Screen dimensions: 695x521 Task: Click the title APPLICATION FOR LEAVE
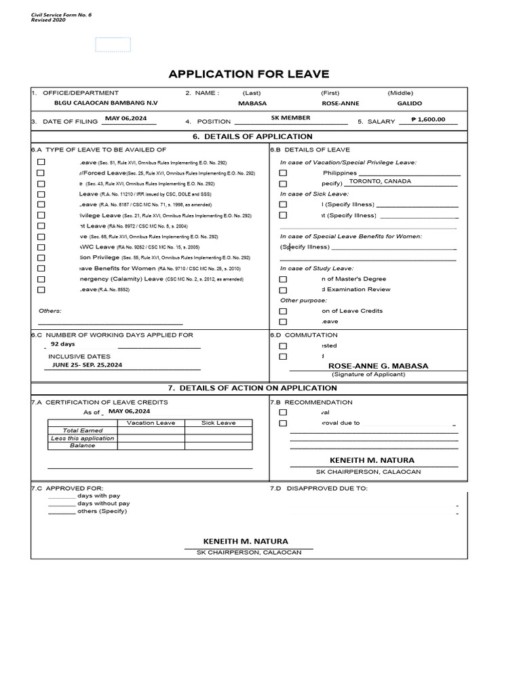248,74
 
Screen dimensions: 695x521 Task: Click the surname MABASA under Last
252,104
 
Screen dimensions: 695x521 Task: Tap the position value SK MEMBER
290,118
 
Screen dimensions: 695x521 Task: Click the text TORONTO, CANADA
380,181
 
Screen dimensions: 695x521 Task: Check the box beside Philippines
283,173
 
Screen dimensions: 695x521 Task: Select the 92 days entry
63,344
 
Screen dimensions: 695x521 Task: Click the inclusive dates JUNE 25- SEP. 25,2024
88,365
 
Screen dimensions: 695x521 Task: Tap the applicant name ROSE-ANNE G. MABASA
378,366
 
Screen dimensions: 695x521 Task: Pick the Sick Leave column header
218,423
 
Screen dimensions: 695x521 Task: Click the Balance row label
83,446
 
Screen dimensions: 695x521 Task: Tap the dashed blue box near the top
113,45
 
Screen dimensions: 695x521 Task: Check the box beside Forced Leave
41,173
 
